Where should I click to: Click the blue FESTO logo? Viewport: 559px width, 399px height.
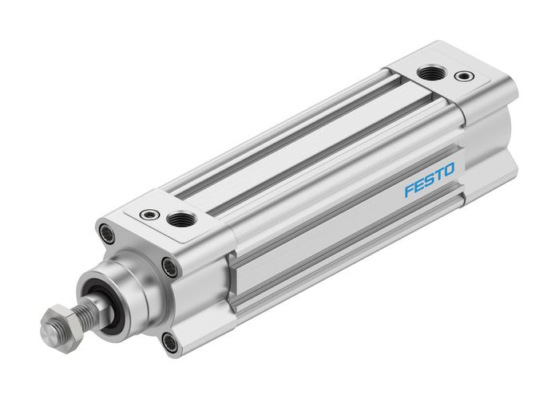tap(429, 180)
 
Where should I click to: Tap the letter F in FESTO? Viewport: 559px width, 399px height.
tap(409, 190)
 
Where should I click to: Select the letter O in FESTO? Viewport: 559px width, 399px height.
tap(449, 170)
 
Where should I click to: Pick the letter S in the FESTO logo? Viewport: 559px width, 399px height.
tap(429, 180)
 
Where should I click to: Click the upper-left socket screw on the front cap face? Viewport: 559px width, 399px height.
tap(105, 233)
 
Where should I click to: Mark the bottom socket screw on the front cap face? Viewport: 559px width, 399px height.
tap(169, 343)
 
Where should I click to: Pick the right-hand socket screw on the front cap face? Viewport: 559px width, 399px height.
tap(168, 267)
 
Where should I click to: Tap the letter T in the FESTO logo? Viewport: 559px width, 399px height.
tap(438, 176)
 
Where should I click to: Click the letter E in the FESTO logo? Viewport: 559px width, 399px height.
tap(419, 185)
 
